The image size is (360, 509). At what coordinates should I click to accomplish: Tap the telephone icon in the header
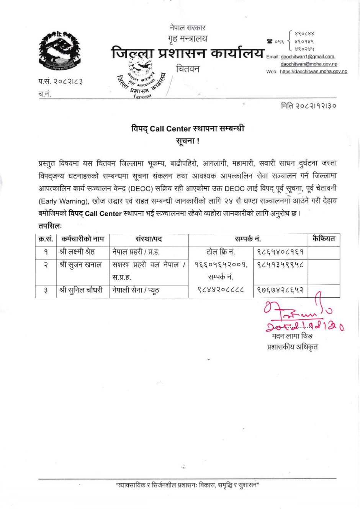pos(270,41)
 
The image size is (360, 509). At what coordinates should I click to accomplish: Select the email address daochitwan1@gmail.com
pos(308,57)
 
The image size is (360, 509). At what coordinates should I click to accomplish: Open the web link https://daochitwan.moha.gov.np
pos(313,72)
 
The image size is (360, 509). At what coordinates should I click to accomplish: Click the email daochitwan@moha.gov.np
pos(309,64)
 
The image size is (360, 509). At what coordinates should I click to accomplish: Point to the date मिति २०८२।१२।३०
pos(309,106)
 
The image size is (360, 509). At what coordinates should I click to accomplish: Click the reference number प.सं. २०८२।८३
pos(61,82)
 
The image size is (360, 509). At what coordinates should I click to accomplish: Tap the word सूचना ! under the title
pos(187,141)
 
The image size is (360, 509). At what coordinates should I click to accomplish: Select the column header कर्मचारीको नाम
pos(82,239)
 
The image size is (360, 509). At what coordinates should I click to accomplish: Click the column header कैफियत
pos(324,239)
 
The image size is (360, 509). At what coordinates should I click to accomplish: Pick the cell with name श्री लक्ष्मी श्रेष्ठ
pos(77,252)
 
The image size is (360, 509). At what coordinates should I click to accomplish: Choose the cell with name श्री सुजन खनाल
pos(80,264)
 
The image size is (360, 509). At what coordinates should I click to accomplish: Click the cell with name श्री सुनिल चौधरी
pos(81,290)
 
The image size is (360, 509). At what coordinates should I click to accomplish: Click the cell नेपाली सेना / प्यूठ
pos(136,290)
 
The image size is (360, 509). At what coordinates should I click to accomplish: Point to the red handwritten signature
pos(303,314)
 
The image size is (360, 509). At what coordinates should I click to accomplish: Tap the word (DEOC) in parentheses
pos(142,188)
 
